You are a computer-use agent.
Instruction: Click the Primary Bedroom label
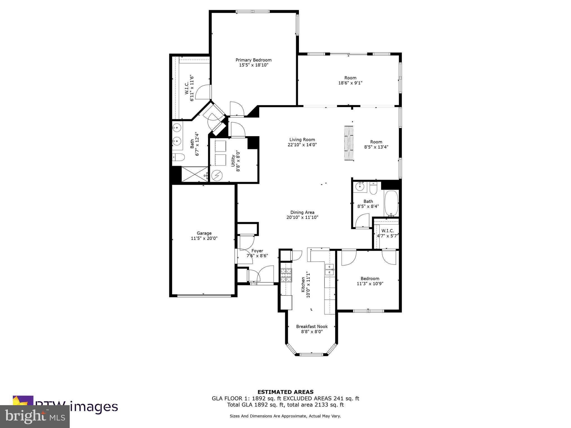(x=253, y=60)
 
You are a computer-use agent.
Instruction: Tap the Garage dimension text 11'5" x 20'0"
(x=204, y=239)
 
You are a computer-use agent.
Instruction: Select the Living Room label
(x=302, y=140)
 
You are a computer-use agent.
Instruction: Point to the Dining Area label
(x=302, y=212)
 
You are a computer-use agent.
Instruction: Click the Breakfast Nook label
(x=312, y=327)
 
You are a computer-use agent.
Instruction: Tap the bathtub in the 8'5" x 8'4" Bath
(x=391, y=203)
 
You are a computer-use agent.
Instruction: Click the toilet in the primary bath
(x=178, y=157)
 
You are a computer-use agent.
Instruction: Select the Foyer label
(x=257, y=251)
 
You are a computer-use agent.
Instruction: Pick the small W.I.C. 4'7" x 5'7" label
(x=388, y=231)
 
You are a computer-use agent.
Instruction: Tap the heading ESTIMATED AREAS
(x=285, y=392)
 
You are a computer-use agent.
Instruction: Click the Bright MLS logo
(x=35, y=416)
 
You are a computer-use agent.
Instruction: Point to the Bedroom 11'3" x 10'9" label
(x=370, y=279)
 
